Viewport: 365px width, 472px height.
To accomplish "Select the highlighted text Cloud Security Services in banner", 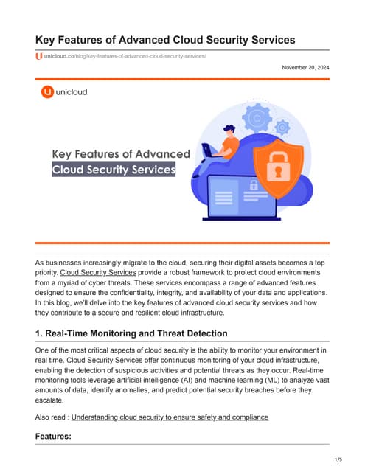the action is [x=114, y=170].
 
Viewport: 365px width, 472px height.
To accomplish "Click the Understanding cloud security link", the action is [x=170, y=417].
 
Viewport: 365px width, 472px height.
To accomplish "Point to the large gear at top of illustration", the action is [x=257, y=118].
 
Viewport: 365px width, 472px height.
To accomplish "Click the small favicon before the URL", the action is [x=38, y=55].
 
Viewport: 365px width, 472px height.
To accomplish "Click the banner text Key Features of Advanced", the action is [x=121, y=153].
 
